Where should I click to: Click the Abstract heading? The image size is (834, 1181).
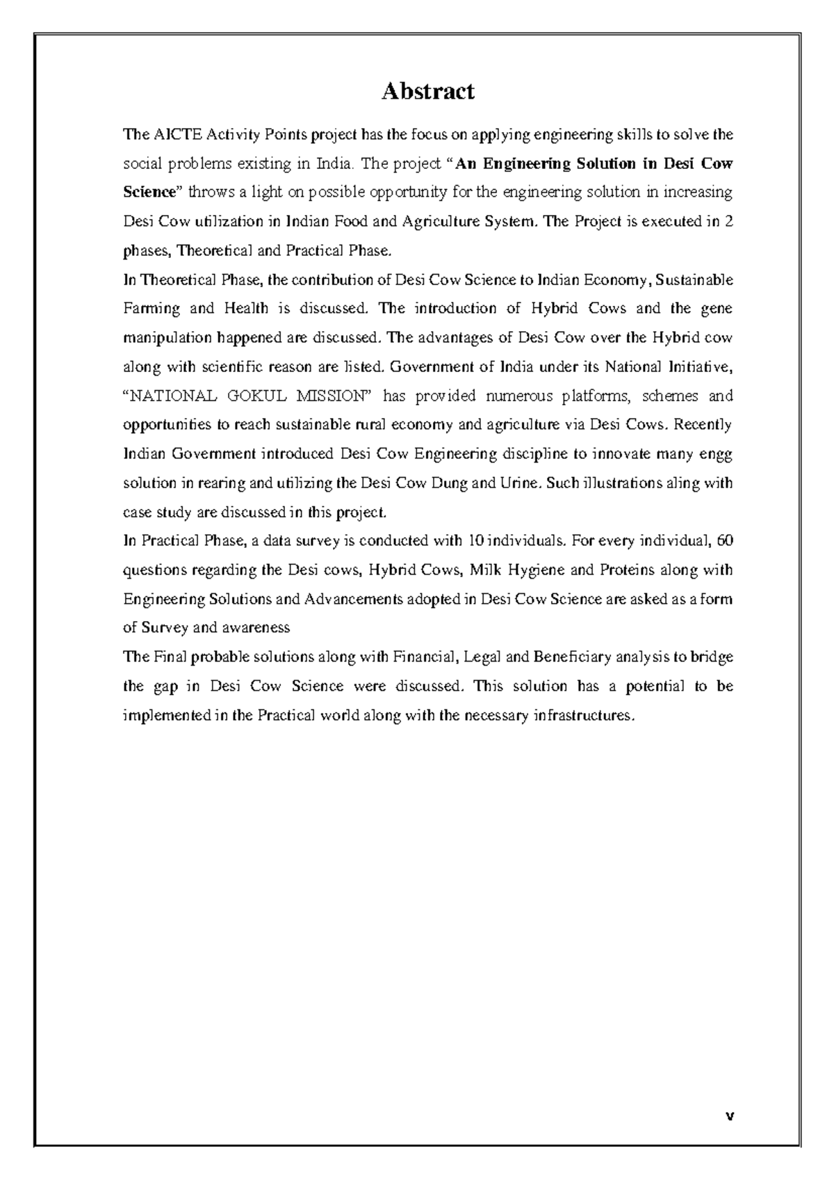click(427, 91)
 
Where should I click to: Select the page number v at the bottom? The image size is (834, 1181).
click(729, 1117)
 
